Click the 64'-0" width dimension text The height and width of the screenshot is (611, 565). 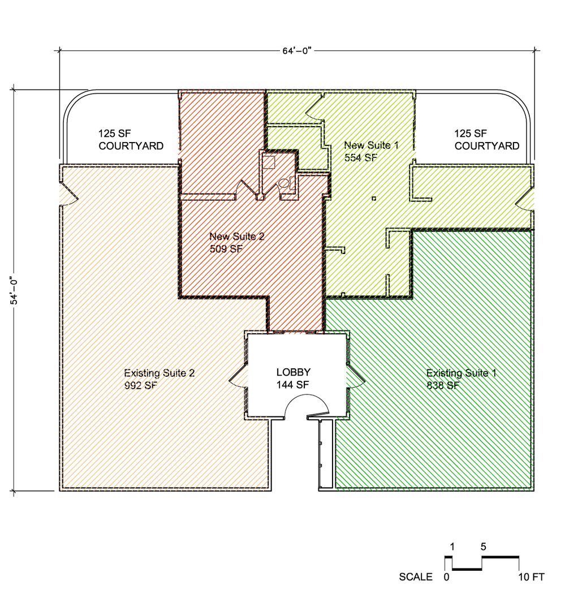297,51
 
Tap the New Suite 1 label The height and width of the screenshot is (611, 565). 371,145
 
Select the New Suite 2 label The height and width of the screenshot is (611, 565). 237,236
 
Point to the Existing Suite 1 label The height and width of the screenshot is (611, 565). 462,373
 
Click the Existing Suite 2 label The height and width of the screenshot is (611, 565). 159,373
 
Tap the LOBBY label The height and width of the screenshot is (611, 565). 294,372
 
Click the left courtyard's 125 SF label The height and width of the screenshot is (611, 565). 115,134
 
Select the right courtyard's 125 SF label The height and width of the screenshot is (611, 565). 471,134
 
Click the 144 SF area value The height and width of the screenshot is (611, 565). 292,385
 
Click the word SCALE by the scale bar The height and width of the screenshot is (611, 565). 415,576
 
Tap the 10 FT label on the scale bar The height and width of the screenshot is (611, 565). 531,576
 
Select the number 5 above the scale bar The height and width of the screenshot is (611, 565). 483,547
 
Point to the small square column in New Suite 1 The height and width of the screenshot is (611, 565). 374,199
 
